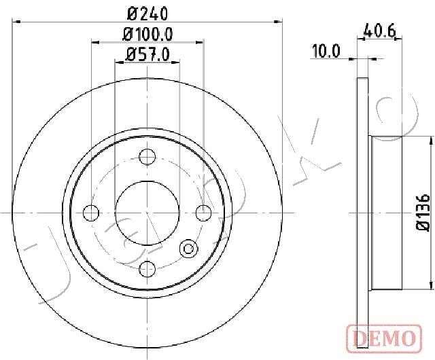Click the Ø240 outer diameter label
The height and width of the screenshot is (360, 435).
tap(147, 14)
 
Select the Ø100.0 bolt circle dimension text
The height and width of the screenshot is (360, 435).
tap(148, 35)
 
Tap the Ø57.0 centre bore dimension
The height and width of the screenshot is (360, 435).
tap(147, 54)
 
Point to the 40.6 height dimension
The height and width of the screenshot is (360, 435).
tap(379, 31)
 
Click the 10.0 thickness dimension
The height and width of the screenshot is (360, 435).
tap(326, 52)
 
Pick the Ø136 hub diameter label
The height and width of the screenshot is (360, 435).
tap(423, 212)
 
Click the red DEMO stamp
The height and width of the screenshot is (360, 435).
tap(384, 338)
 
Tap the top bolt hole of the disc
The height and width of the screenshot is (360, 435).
tap(147, 157)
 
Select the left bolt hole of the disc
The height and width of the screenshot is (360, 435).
tap(91, 213)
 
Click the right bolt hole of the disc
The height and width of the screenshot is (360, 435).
tap(203, 213)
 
